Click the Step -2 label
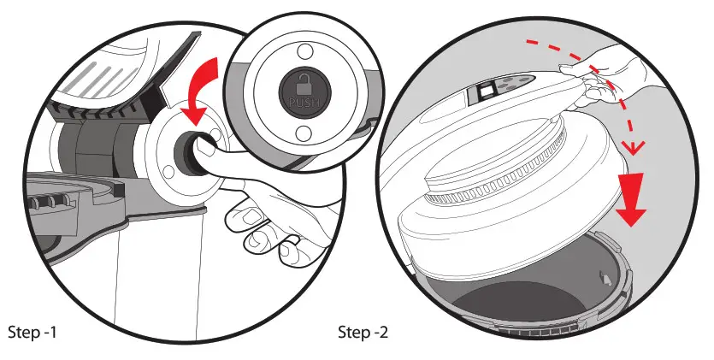(x=363, y=331)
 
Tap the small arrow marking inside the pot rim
(x=606, y=277)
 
